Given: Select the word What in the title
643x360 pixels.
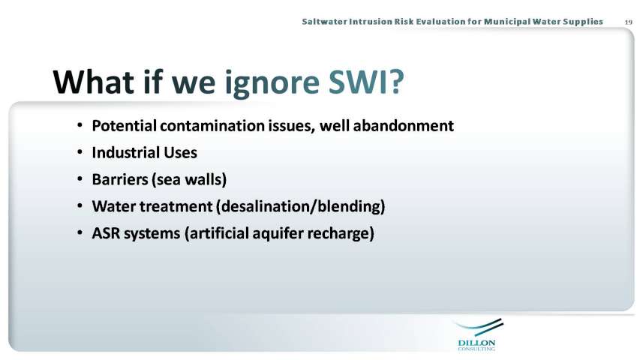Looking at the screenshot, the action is click(x=94, y=82).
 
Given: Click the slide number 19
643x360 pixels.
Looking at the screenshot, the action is click(x=629, y=22).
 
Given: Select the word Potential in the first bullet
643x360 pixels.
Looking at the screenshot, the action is click(x=125, y=125).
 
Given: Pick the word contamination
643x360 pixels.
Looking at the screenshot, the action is click(x=212, y=125).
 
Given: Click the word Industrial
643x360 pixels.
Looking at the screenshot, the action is click(x=125, y=152).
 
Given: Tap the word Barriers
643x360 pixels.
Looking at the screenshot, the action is click(x=120, y=179).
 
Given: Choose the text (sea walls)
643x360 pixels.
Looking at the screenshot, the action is click(x=189, y=179).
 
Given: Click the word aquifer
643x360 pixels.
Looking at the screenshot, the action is click(x=278, y=234).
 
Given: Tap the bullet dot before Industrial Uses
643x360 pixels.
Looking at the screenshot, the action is click(x=80, y=152).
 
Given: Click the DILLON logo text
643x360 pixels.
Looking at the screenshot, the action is click(x=476, y=343).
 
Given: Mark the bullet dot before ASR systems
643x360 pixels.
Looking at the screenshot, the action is click(x=80, y=233).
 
